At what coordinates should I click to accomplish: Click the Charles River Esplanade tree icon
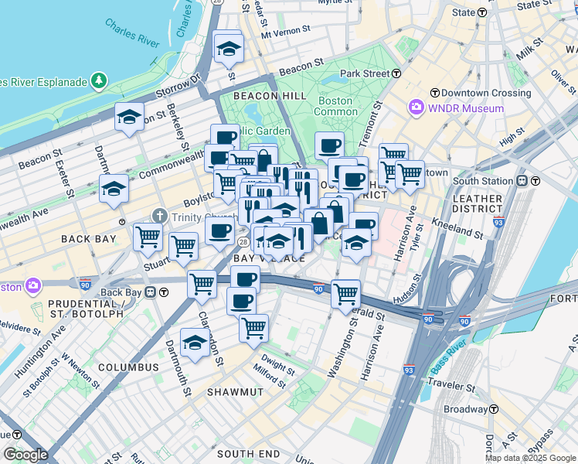coord(99,80)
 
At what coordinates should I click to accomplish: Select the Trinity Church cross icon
coord(159,215)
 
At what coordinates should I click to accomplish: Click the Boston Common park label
coord(335,107)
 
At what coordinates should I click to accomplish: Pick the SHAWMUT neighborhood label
coord(235,392)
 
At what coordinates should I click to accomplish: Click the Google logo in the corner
coord(25,455)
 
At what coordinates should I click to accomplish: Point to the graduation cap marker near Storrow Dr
coord(130,118)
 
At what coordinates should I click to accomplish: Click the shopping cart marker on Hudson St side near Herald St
coord(345,294)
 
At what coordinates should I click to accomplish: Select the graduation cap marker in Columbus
coord(195,343)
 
